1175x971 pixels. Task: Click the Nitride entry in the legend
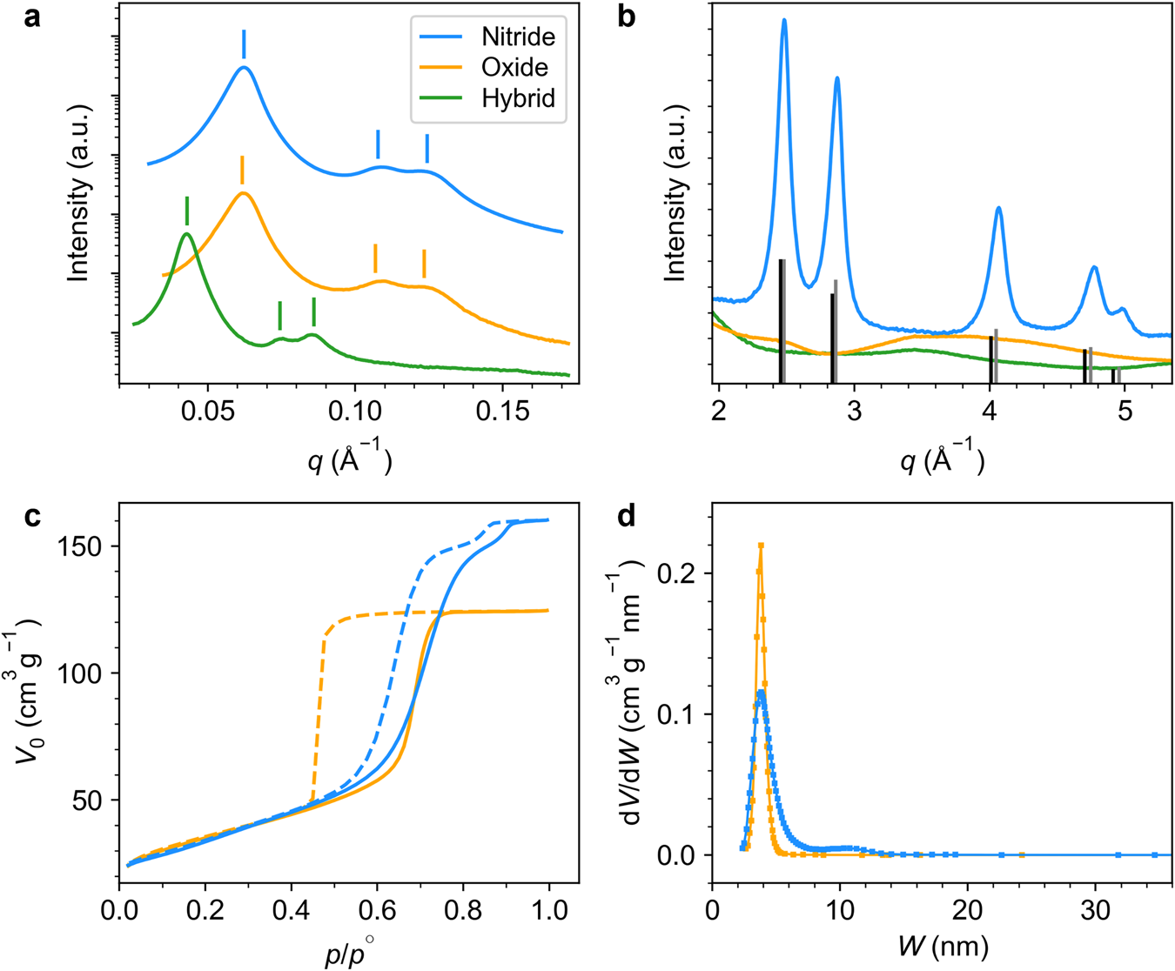[x=517, y=37]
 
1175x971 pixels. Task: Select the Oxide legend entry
[x=514, y=67]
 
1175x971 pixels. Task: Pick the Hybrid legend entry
[x=518, y=98]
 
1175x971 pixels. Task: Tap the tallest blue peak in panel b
[x=784, y=21]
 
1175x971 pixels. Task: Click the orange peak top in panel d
[x=761, y=546]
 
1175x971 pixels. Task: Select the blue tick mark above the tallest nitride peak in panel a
[x=244, y=44]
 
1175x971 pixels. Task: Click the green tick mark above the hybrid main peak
[x=187, y=211]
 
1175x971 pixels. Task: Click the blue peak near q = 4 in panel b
[x=998, y=208]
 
